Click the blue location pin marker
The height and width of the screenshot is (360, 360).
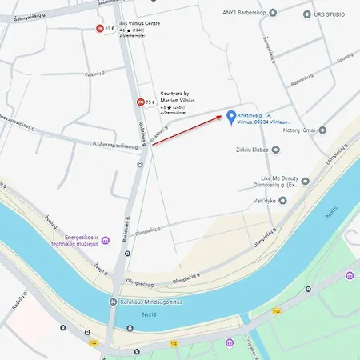coord(231,117)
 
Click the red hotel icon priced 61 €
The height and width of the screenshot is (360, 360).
coord(99,28)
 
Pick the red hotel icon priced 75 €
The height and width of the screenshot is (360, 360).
coord(142,102)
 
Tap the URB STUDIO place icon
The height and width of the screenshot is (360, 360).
coord(306,14)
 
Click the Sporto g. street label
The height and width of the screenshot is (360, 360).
coord(345,58)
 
